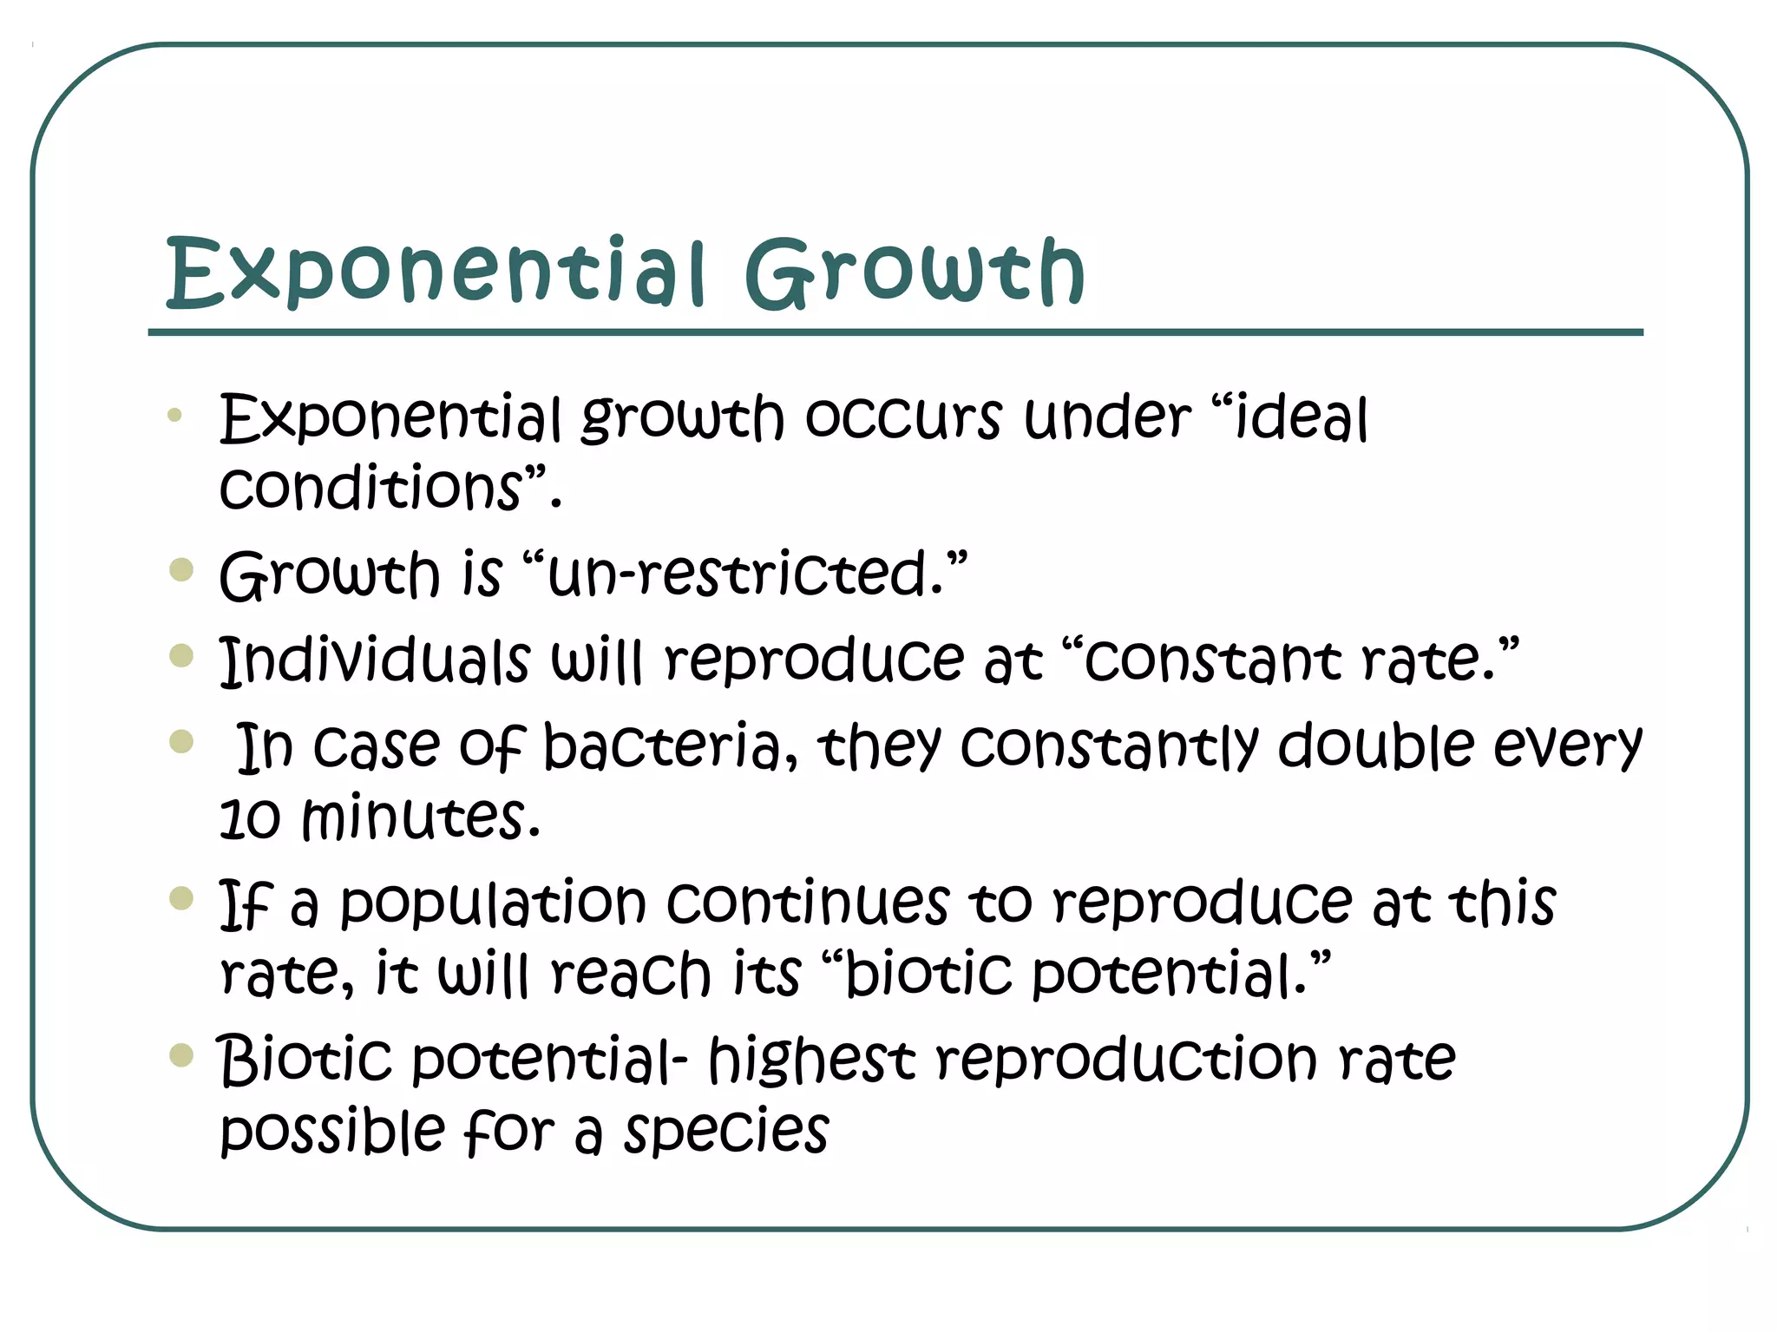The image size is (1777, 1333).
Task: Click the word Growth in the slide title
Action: (x=915, y=273)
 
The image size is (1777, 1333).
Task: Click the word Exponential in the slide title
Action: (x=435, y=273)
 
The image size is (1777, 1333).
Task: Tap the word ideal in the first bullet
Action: (x=1301, y=419)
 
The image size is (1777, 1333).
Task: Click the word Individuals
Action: (x=374, y=660)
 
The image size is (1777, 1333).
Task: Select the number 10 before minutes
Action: (x=250, y=818)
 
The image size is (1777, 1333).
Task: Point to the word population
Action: (x=493, y=903)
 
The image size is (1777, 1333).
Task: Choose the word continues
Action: (x=808, y=903)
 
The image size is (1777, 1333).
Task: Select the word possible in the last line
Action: (x=332, y=1132)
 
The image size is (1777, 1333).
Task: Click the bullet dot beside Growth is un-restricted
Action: (x=181, y=570)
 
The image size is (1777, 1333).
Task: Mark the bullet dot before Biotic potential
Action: (x=181, y=1055)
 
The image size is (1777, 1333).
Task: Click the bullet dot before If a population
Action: (x=181, y=898)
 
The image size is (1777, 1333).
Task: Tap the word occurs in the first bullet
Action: (x=902, y=419)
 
